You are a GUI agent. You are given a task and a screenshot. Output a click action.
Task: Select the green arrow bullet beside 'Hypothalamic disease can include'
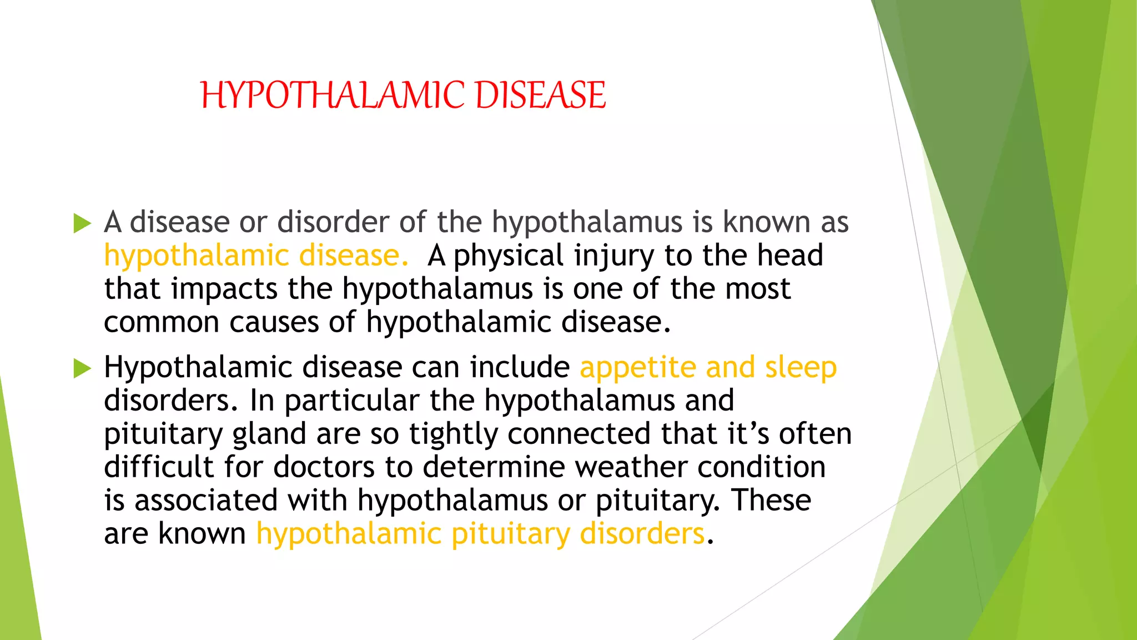pyautogui.click(x=82, y=368)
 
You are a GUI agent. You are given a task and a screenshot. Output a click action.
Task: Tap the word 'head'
pyautogui.click(x=790, y=256)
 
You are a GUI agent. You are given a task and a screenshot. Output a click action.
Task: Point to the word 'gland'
pyautogui.click(x=269, y=434)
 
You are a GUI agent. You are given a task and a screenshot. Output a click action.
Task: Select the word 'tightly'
pyautogui.click(x=453, y=434)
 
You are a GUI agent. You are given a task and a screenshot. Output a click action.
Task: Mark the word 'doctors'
pyautogui.click(x=324, y=467)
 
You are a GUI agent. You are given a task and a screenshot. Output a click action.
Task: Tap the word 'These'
pyautogui.click(x=771, y=501)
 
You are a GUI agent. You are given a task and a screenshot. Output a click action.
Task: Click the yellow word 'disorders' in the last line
pyautogui.click(x=642, y=534)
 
